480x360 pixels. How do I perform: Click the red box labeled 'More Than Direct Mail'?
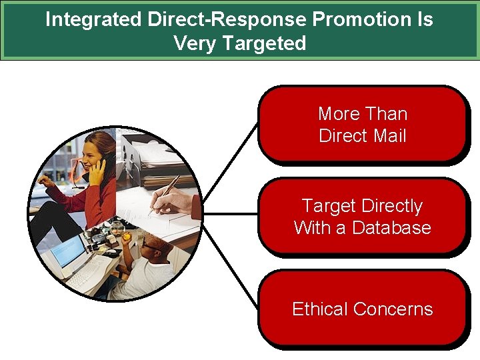pos(362,125)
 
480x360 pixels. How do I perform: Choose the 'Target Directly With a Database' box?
pos(362,217)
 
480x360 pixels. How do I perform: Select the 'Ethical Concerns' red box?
pos(362,309)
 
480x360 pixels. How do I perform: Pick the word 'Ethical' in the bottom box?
pos(320,309)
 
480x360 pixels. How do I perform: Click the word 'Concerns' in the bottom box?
pos(393,309)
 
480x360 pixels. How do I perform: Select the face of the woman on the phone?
pos(93,152)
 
